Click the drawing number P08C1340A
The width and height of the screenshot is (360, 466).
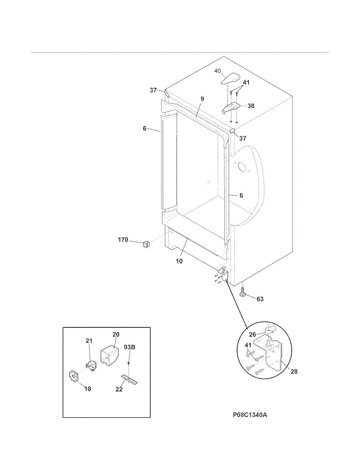[250, 415]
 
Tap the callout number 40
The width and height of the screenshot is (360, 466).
[217, 71]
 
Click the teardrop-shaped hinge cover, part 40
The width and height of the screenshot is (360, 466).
[229, 79]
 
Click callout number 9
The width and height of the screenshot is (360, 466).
[202, 99]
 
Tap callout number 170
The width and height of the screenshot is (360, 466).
[123, 240]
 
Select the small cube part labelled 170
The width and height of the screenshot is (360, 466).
[146, 244]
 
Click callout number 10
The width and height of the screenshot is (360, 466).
[179, 261]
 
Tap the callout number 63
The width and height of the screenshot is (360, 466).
[260, 299]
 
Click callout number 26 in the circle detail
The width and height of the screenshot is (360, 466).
[252, 334]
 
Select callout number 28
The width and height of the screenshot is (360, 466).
[294, 372]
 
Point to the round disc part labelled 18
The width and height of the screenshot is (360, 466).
[73, 376]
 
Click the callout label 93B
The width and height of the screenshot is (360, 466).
[129, 347]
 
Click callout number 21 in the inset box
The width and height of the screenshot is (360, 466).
[89, 341]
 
